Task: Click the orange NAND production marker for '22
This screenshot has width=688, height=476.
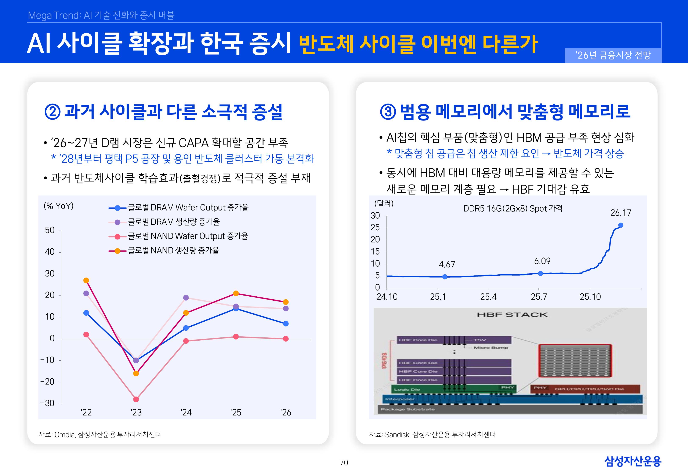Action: pyautogui.click(x=86, y=280)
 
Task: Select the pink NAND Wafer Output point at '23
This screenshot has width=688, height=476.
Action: pyautogui.click(x=136, y=399)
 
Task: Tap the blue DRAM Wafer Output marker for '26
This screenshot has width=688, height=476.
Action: pyautogui.click(x=286, y=324)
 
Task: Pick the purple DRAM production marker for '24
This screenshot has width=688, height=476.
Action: pyautogui.click(x=186, y=298)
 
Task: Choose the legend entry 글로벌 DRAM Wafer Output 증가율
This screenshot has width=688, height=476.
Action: pyautogui.click(x=188, y=208)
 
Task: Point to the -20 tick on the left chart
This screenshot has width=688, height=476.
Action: pyautogui.click(x=48, y=382)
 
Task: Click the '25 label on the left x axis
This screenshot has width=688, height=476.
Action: pyautogui.click(x=236, y=413)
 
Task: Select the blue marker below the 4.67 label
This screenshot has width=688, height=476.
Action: pyautogui.click(x=445, y=277)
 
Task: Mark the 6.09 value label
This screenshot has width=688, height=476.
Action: pyautogui.click(x=542, y=261)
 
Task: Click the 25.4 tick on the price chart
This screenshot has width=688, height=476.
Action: pyautogui.click(x=488, y=297)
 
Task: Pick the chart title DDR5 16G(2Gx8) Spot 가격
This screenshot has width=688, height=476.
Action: pyautogui.click(x=513, y=208)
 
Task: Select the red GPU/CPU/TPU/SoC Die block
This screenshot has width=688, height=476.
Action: pyautogui.click(x=585, y=389)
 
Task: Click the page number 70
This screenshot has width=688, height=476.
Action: pyautogui.click(x=344, y=463)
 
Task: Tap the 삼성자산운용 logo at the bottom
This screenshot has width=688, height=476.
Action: pyautogui.click(x=633, y=461)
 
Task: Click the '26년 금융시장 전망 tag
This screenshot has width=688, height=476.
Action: pyautogui.click(x=613, y=55)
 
